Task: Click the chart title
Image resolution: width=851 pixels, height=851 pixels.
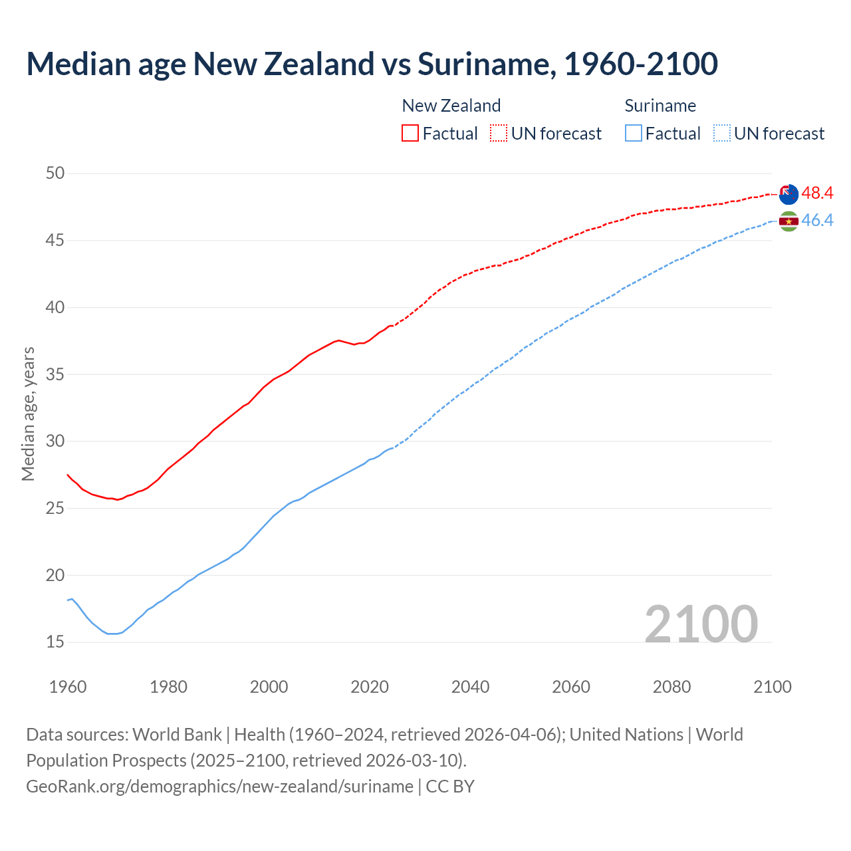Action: [x=372, y=64]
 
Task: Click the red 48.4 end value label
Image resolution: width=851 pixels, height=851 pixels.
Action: [x=817, y=193]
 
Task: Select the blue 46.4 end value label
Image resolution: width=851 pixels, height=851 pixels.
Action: [x=817, y=220]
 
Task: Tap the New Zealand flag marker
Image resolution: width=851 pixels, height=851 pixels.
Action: [x=789, y=194]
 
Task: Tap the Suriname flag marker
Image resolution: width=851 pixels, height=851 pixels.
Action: [x=789, y=221]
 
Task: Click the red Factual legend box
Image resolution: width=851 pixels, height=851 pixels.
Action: [x=410, y=133]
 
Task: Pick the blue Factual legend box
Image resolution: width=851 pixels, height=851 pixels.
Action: [x=634, y=133]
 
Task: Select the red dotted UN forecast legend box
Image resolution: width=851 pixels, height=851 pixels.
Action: [x=499, y=133]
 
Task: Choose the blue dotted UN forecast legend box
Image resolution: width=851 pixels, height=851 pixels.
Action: [x=722, y=133]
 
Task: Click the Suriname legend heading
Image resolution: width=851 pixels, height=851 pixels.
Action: [x=660, y=106]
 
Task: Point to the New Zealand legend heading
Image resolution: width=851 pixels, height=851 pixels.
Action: [x=451, y=106]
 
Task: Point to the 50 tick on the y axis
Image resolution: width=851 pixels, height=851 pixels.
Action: [x=55, y=174]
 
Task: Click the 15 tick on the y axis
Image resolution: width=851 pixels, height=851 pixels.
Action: [x=55, y=642]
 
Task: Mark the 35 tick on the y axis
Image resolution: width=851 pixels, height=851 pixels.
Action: [x=55, y=374]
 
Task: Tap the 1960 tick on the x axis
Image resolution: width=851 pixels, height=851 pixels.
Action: [x=68, y=687]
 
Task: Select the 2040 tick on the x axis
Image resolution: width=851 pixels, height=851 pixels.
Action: [x=470, y=687]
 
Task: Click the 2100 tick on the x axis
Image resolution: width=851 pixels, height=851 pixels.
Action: [x=773, y=687]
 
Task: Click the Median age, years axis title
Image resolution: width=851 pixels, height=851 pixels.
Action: [x=28, y=414]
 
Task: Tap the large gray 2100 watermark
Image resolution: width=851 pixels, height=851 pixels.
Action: [x=701, y=624]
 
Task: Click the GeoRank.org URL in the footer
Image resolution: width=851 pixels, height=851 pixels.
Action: [x=219, y=787]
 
